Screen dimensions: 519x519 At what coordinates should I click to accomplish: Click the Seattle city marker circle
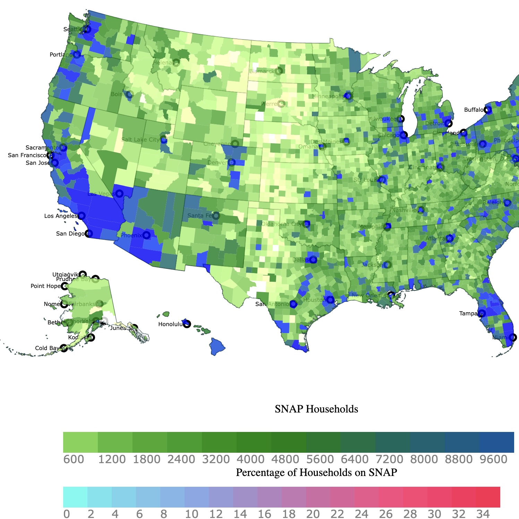coord(88,29)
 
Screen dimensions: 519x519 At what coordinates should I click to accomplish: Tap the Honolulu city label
coord(170,324)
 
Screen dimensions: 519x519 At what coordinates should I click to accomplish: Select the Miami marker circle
coord(513,337)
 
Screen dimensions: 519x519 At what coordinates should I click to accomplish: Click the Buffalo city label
coord(474,110)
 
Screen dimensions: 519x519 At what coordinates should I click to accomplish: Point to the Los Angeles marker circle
coord(82,216)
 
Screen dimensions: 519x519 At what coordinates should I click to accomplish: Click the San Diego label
coord(70,233)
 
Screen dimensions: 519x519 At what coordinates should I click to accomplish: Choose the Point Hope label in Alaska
coord(45,286)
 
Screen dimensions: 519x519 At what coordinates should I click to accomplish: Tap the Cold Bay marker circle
coord(64,348)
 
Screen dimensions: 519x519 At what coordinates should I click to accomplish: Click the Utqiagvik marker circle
coord(82,274)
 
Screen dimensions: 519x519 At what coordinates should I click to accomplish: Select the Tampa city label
coord(468,313)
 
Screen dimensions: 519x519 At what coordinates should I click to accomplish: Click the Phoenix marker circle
coord(146,235)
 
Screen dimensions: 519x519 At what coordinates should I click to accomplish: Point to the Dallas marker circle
coord(313,259)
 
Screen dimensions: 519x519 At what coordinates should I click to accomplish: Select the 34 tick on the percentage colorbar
coord(483,514)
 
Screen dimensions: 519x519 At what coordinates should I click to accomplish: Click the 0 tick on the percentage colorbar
coord(67,514)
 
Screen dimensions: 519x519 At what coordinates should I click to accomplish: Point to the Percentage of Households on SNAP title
coord(316,472)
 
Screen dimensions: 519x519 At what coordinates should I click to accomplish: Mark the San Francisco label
coord(27,155)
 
